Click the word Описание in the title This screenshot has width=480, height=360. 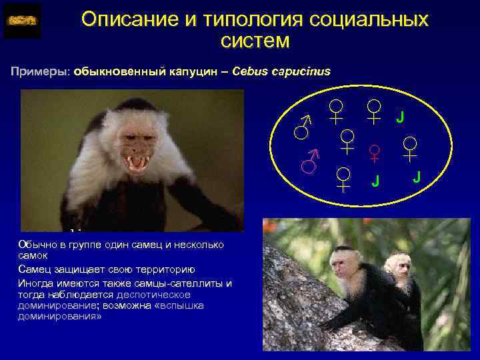(123, 19)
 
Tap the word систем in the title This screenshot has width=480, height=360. (255, 41)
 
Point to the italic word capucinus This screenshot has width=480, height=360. (299, 71)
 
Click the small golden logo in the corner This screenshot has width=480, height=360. (22, 21)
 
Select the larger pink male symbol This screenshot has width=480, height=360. (309, 161)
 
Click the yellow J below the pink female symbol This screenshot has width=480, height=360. (375, 181)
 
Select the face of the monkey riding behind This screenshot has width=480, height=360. (399, 266)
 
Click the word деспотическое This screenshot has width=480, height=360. (153, 294)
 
